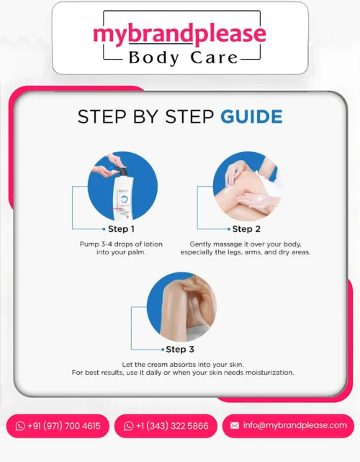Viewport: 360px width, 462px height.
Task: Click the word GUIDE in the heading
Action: coord(252,117)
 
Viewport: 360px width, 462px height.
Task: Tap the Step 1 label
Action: coord(121,229)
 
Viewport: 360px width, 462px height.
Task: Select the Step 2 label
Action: coord(246,229)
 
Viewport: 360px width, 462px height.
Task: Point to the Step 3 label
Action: coord(180,349)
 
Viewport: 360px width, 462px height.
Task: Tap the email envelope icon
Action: coord(235,425)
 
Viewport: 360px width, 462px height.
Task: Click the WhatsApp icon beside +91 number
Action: coord(20,426)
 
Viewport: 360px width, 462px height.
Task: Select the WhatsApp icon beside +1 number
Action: coord(128,426)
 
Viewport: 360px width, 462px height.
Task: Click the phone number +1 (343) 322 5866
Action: coord(172,426)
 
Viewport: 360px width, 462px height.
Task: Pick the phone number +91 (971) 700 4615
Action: coord(64,426)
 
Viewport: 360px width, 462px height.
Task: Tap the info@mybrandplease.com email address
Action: coord(295,425)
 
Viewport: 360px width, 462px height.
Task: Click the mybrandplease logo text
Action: coord(179,35)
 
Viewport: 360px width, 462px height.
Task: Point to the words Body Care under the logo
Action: coord(183,58)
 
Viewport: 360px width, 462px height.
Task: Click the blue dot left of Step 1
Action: coord(104,229)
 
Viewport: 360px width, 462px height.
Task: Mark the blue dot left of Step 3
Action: coord(163,350)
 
